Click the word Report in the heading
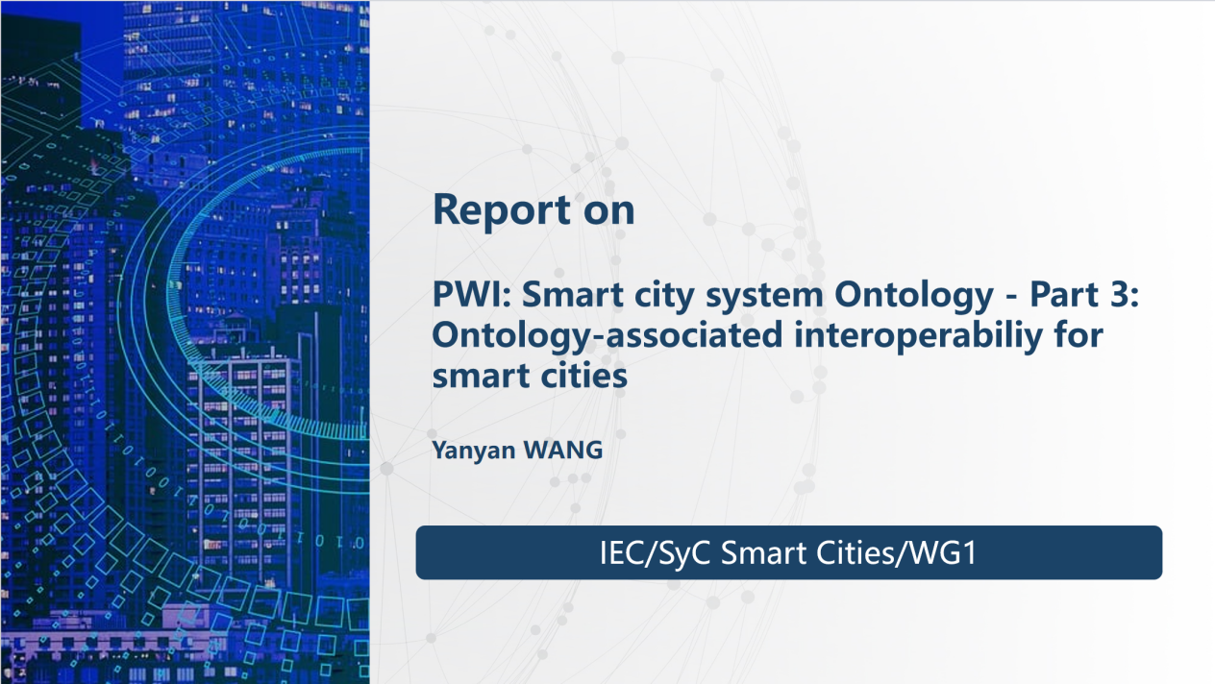coord(502,211)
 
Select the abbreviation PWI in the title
coord(472,294)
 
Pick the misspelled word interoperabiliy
coord(918,336)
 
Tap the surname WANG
coord(563,450)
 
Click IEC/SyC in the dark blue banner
coord(655,553)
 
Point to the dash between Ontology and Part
coord(1011,298)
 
